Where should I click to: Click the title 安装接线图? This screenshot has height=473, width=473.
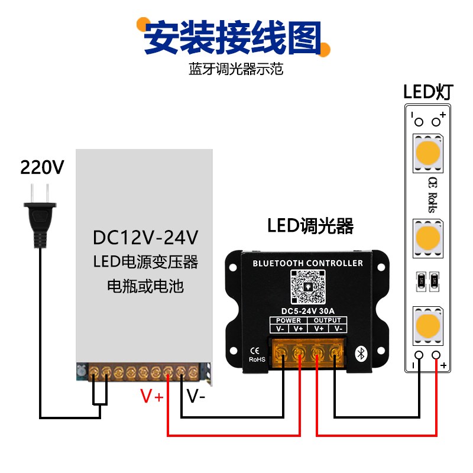click(234, 37)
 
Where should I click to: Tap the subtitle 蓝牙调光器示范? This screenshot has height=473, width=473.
click(236, 69)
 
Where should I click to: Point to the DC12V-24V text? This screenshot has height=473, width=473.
click(145, 238)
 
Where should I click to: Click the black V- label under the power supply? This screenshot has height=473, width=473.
click(196, 397)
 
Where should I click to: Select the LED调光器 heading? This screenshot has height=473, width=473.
click(310, 226)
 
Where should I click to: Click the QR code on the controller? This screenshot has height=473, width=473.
click(307, 287)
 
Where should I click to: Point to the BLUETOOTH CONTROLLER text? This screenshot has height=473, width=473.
click(307, 263)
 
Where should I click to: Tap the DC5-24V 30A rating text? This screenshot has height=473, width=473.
click(307, 310)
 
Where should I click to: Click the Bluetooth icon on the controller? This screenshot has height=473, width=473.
click(361, 354)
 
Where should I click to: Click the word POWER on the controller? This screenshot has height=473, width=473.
click(289, 320)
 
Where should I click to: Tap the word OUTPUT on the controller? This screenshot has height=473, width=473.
click(327, 320)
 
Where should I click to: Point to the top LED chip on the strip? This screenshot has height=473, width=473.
click(428, 153)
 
